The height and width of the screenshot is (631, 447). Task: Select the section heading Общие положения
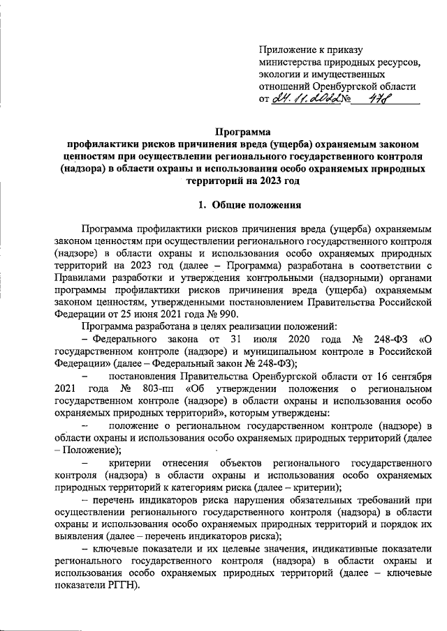254,205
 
